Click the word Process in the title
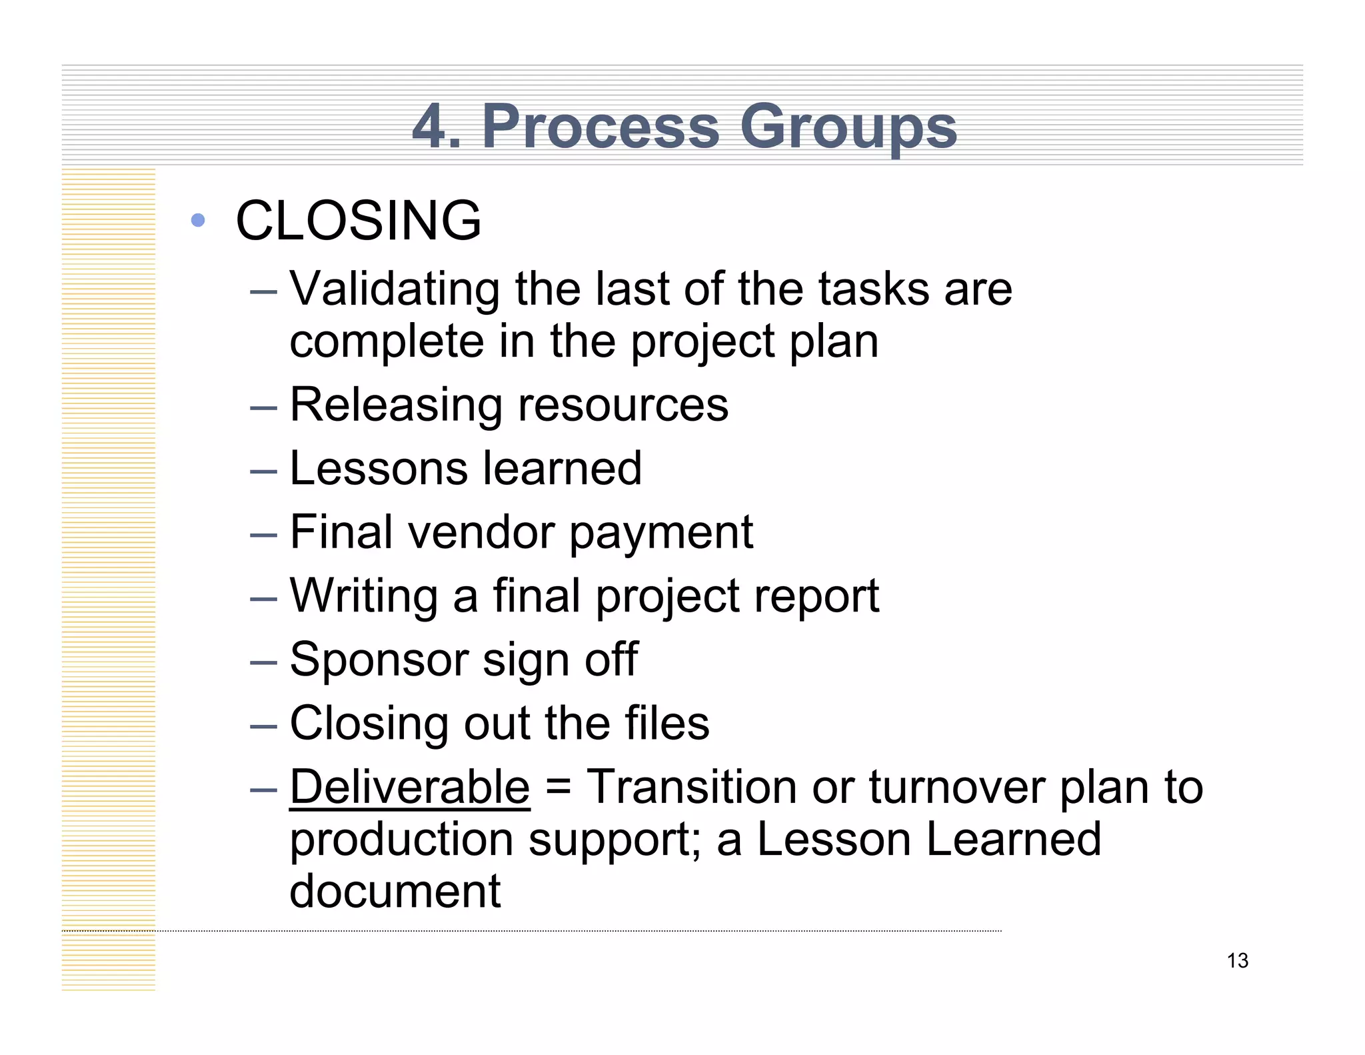pos(600,127)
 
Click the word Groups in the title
pos(848,127)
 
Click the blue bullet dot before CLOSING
pos(197,219)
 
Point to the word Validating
pos(395,289)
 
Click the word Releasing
pos(396,405)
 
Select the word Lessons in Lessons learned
pos(379,468)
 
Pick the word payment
pos(661,534)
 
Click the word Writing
pos(364,596)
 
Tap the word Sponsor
pos(379,660)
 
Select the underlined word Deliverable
pos(410,787)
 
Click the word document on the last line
pos(395,891)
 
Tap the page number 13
pos(1237,961)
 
